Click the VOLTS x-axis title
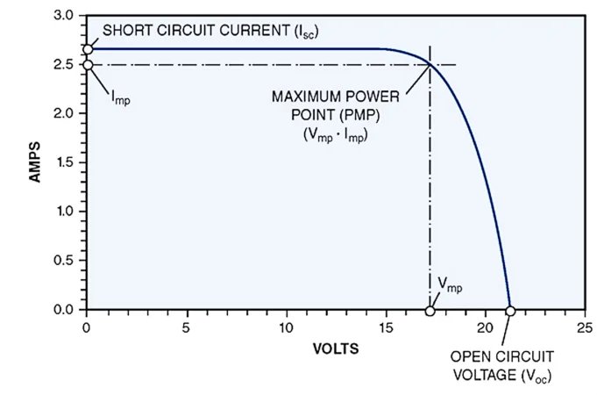coord(335,348)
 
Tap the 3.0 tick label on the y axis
coord(65,16)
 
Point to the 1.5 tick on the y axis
coord(65,163)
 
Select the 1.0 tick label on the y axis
coord(65,212)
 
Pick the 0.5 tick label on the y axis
coord(65,261)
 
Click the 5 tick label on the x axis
coord(186,327)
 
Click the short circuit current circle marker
coord(87,49)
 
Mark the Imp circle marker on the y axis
coord(87,65)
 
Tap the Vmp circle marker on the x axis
coord(430,311)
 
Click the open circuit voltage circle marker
coord(510,311)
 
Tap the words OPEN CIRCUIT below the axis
coord(503,357)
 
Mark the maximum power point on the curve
coord(430,64)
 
